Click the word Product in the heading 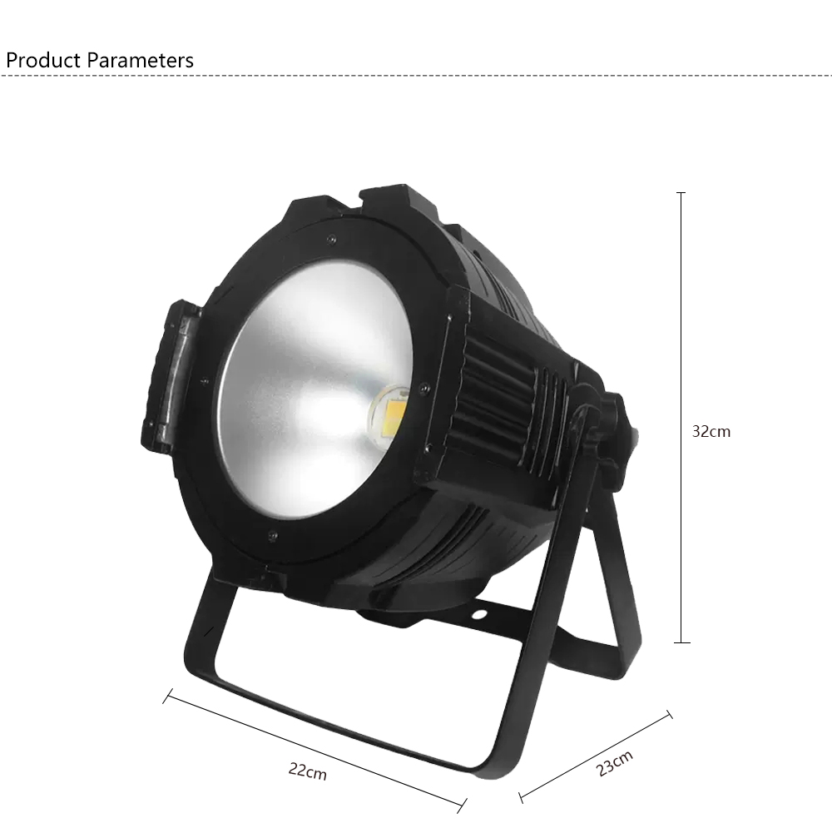tap(43, 61)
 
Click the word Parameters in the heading tap(140, 61)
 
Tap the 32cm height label tap(711, 431)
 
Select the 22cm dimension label tap(307, 771)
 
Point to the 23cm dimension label tap(615, 763)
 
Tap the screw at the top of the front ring tap(332, 239)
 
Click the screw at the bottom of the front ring tap(273, 535)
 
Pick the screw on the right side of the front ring tap(424, 388)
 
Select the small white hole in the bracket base tap(478, 613)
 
